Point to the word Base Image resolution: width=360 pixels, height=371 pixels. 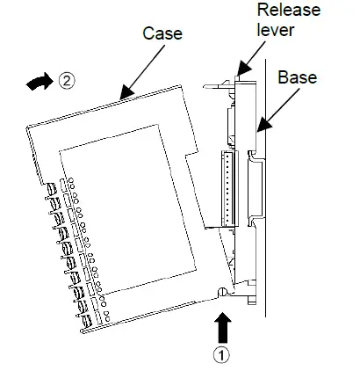(297, 76)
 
